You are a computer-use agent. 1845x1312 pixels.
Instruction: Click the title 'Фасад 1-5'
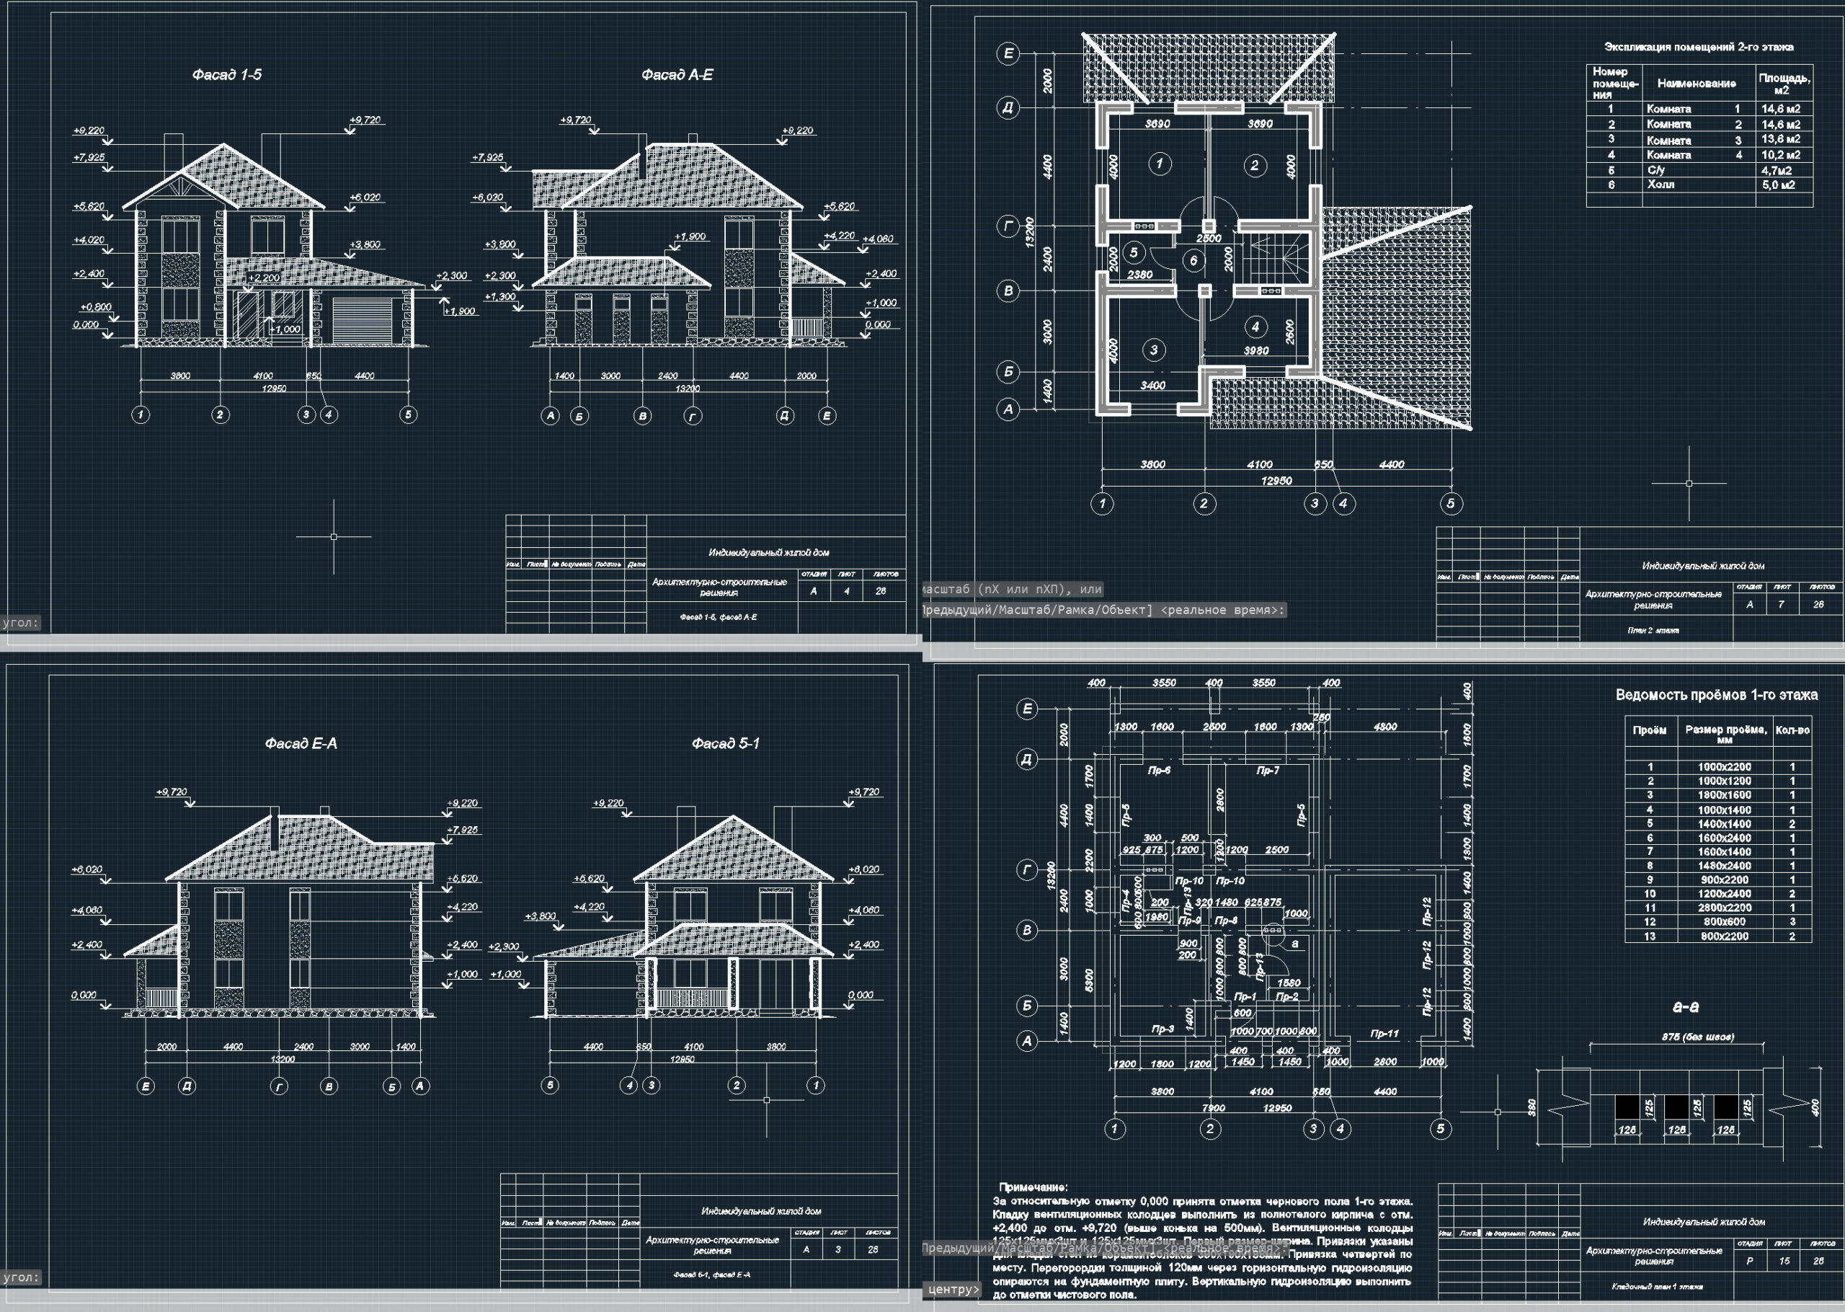227,75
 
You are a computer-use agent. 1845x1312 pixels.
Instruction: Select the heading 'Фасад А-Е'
677,75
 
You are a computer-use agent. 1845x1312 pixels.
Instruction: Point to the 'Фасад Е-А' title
301,743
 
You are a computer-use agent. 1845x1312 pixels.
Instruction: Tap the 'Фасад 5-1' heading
725,743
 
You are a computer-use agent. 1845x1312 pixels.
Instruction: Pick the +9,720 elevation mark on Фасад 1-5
365,120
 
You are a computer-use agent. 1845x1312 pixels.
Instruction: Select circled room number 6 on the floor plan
1193,260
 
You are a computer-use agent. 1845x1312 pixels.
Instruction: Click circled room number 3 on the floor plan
1154,350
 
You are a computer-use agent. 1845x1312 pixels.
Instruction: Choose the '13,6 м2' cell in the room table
1780,139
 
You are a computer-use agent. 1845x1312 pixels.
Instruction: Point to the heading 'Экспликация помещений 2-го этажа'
1698,47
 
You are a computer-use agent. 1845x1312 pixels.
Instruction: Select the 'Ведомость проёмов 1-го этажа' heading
1717,695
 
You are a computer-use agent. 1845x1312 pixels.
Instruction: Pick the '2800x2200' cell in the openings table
1724,908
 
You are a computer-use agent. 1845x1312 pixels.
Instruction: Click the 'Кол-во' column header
1792,730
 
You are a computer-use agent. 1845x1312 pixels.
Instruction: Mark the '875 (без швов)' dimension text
1697,1037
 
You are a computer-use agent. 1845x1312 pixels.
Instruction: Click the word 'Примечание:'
1033,1187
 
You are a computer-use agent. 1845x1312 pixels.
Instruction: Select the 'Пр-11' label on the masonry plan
1384,1033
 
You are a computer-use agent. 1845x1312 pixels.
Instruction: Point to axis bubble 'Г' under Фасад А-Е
693,416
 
